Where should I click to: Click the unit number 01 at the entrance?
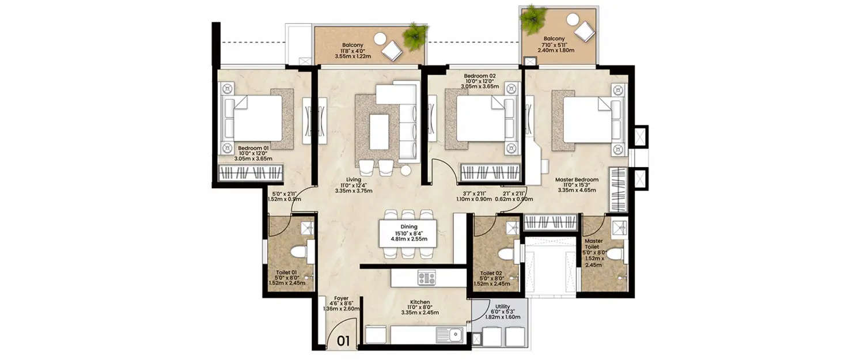coord(343,341)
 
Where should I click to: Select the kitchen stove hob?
coord(427,278)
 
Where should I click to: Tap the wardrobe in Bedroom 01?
coord(252,173)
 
